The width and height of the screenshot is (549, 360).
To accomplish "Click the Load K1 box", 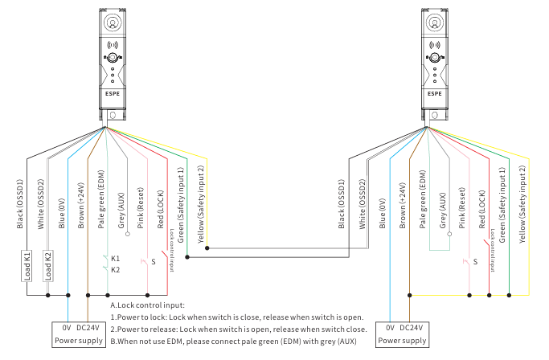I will click(27, 267).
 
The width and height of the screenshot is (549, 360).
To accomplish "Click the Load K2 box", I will click(47, 267).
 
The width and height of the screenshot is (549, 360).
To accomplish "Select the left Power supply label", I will click(79, 342).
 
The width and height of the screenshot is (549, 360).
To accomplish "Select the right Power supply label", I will click(401, 342).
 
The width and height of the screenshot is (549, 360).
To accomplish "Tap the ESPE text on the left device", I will click(112, 93).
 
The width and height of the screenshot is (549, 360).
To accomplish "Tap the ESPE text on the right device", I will click(434, 93).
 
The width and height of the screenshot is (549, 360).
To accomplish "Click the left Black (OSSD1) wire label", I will click(21, 204).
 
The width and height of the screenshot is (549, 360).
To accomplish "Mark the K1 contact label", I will click(116, 259).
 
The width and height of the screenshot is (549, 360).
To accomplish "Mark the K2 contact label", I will click(116, 270).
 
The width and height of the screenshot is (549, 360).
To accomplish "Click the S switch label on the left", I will click(154, 262).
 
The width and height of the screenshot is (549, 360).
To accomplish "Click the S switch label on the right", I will click(476, 262).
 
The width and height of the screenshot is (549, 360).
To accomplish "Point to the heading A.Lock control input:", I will click(148, 305).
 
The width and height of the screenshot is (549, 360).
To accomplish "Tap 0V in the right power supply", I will click(390, 328).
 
